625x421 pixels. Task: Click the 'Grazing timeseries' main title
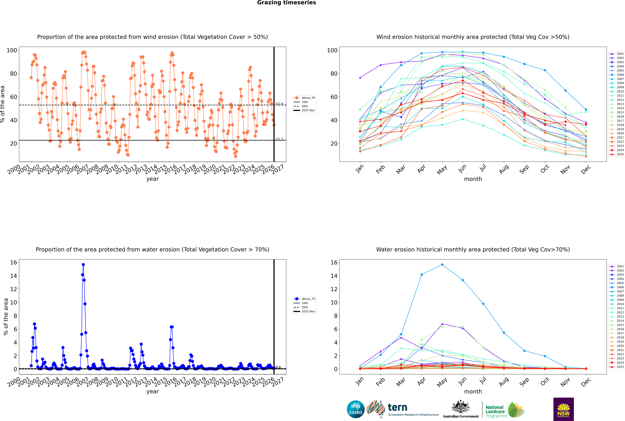tap(286, 3)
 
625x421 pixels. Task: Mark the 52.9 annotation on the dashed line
tap(279, 104)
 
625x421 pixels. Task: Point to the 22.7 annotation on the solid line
tap(279, 139)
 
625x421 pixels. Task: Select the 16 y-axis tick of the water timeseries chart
tap(13, 262)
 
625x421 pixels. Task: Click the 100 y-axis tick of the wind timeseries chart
tap(12, 50)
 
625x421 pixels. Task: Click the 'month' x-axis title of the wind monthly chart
tap(473, 179)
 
